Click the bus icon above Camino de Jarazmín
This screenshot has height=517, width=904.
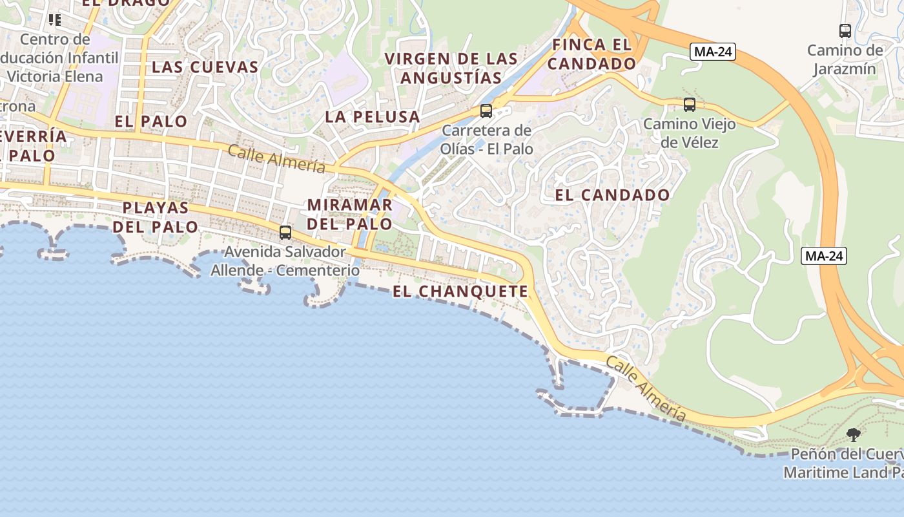pos(845,30)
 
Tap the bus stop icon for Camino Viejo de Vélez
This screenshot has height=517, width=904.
pos(690,104)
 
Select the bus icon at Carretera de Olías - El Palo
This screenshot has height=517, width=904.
pos(486,111)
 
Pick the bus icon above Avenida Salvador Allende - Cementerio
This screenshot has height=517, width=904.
pos(285,232)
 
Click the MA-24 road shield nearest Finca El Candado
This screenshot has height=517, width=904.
pos(713,52)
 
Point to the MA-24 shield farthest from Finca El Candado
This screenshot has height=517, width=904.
pos(823,256)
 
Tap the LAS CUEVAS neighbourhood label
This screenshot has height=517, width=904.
pos(205,67)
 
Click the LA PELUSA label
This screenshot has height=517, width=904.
pos(373,117)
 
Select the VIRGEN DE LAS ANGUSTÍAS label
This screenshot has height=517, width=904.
pos(451,69)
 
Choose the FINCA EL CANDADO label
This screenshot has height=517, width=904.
pos(592,54)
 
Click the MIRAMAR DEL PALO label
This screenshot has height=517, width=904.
pos(349,215)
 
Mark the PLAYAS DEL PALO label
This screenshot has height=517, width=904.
pos(156,217)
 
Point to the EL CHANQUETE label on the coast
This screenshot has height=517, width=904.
pos(460,291)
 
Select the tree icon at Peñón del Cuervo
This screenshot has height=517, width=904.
pos(854,434)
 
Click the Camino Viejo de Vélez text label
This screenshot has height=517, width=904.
pos(690,132)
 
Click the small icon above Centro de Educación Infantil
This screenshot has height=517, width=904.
pos(55,20)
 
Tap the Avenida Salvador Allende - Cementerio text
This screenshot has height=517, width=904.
pos(285,261)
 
